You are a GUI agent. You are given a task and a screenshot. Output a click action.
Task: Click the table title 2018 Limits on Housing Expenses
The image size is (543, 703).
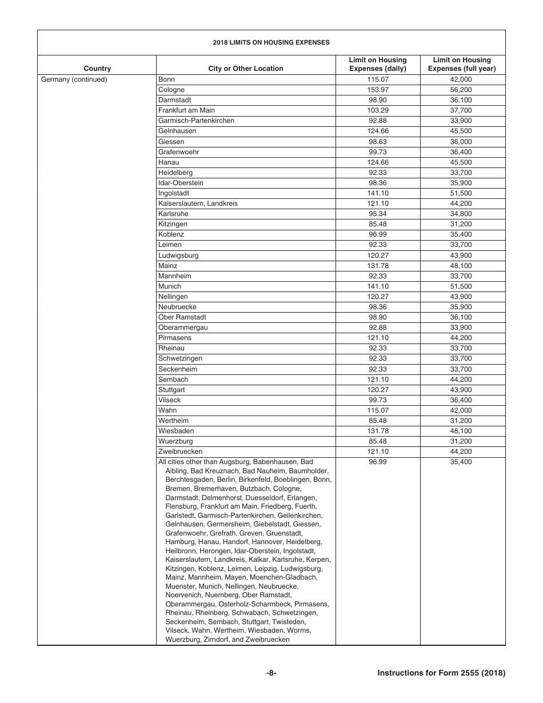point(271,42)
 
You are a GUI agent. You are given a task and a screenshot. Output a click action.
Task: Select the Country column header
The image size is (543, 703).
point(97,69)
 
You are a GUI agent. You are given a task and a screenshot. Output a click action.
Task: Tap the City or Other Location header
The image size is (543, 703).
point(246,69)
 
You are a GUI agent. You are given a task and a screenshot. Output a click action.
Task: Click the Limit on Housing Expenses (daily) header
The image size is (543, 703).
point(378,64)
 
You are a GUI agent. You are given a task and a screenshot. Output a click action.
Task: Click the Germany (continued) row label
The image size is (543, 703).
point(74,79)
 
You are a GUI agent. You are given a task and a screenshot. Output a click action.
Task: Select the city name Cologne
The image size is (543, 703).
point(171,90)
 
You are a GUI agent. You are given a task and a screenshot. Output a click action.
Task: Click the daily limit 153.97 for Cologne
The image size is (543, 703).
point(378,90)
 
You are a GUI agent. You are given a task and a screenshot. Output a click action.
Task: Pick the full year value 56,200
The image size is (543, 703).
point(462,90)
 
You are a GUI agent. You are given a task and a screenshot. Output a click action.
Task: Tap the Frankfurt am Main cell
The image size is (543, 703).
point(186,110)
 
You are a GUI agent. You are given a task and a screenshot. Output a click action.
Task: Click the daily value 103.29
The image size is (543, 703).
point(378,110)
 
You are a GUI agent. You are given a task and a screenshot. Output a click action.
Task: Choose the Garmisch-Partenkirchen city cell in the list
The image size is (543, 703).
point(196,121)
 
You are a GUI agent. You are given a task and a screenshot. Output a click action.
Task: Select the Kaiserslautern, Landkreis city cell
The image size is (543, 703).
point(198,203)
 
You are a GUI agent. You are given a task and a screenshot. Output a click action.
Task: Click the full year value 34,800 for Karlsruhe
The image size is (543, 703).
point(462,214)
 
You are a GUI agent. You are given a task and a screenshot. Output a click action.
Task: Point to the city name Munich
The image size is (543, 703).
point(170,286)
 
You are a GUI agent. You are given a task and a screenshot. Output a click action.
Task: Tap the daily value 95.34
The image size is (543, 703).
point(378,214)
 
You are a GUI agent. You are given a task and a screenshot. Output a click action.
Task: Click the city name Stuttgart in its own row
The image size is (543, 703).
point(171,390)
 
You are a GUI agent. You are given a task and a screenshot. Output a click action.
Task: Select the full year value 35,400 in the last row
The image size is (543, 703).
point(462,462)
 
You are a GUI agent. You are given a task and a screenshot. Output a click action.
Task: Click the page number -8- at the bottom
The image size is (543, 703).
point(271,673)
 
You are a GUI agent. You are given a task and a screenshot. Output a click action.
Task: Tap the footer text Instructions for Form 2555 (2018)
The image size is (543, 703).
point(441,673)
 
